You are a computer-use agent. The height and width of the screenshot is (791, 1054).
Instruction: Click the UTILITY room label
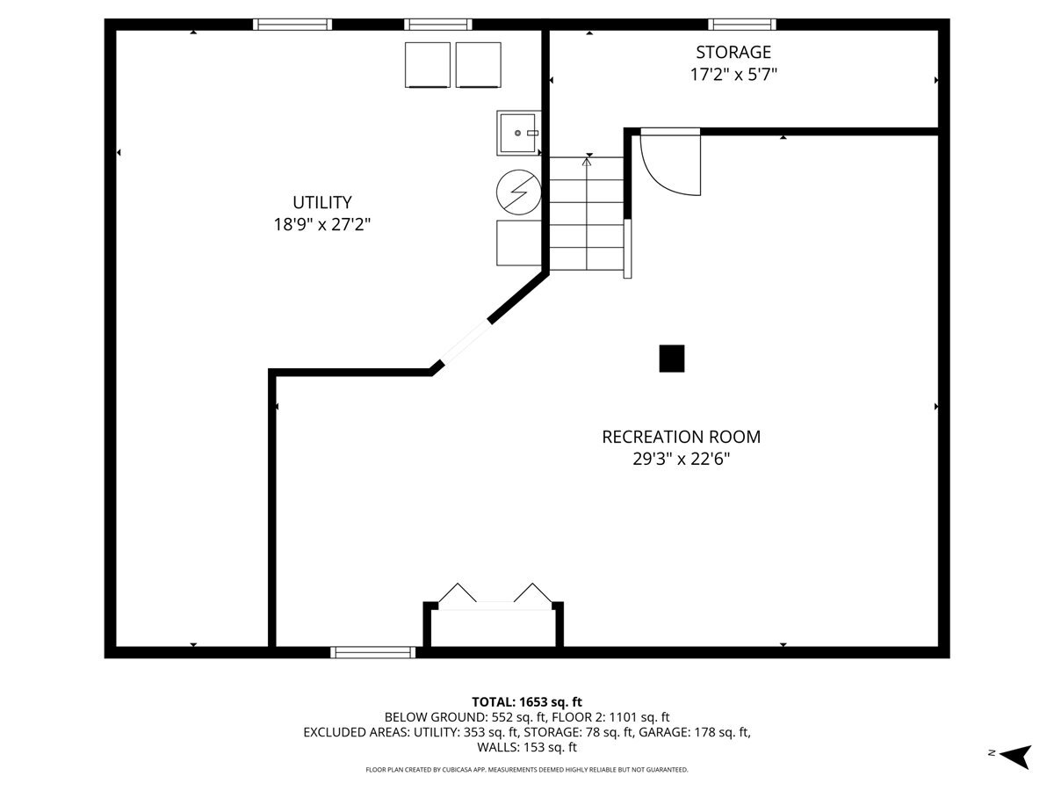point(321,202)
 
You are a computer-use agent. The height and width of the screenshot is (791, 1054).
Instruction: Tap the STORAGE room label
point(733,53)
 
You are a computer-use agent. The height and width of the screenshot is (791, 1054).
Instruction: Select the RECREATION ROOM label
point(681,437)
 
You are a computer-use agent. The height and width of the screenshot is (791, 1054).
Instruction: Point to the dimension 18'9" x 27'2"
point(321,225)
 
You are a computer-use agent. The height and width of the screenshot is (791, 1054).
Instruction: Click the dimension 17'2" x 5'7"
point(733,75)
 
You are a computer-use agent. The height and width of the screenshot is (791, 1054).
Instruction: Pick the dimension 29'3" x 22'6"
point(681,459)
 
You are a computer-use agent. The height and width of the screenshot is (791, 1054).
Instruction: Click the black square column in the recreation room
point(672,359)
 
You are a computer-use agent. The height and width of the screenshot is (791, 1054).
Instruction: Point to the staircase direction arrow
point(588,161)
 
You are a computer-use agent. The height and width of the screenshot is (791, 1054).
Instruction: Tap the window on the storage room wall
point(742,25)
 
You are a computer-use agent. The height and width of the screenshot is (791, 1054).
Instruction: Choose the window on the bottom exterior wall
point(373,652)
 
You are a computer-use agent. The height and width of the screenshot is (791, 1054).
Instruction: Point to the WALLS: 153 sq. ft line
point(527,748)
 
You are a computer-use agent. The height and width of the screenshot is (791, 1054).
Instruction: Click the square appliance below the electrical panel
point(519,243)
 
